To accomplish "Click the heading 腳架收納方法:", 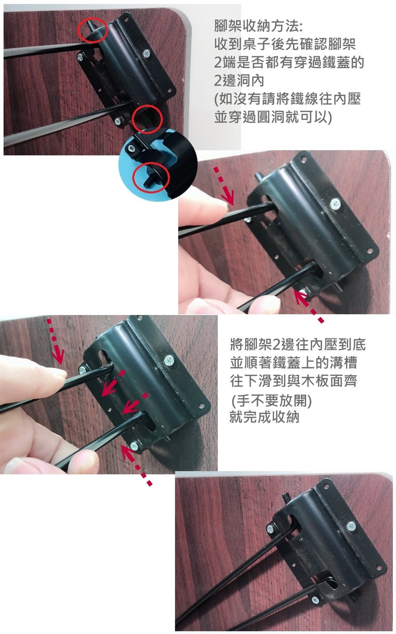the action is pos(258,26).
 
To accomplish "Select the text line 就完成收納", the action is pos(264,417).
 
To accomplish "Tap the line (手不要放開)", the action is pos(271,400).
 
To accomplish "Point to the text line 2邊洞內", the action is pos(239,80).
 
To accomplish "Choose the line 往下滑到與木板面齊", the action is pos(294,381).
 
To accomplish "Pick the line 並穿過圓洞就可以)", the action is pos(273,117).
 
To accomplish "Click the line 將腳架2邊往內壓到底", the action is pos(298,344).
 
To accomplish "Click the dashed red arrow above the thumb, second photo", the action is pos(224,186).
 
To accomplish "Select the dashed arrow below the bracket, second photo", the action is pos(308,306).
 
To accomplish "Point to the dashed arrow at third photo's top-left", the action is pos(55,341).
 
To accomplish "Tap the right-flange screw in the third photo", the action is pos(169,360).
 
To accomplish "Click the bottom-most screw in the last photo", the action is pos(315,599).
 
